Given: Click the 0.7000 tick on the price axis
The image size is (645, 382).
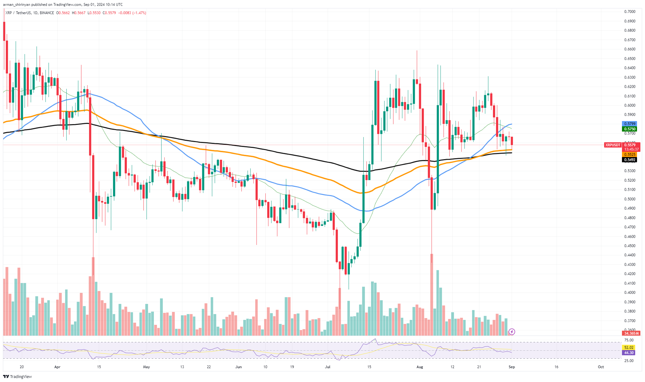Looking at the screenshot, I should (x=630, y=12).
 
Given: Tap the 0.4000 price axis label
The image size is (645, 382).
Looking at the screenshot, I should (x=630, y=293).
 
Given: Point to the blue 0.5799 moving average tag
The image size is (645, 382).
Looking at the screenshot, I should (x=629, y=124).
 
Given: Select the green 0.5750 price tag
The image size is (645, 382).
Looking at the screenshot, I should (x=629, y=129).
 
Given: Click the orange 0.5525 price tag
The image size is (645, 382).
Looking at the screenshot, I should (x=629, y=154).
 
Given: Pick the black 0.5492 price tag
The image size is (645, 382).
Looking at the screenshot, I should (x=629, y=160).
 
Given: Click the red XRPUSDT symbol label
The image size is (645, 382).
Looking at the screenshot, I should (x=612, y=145).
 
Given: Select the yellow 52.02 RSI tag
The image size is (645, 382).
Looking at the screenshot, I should (x=629, y=348).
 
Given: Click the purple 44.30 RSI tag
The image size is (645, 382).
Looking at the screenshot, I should (x=629, y=353).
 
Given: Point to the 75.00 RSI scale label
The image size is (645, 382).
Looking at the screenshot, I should (x=629, y=340).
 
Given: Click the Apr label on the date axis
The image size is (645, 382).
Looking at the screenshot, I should (x=57, y=367).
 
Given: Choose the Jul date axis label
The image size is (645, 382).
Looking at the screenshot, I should (x=328, y=367).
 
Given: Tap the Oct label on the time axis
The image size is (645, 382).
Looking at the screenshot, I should (x=601, y=367).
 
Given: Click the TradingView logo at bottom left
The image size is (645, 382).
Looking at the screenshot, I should (x=18, y=377).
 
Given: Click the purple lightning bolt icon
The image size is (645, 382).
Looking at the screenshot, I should (x=512, y=332).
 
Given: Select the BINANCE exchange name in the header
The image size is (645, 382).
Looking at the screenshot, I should (x=47, y=13).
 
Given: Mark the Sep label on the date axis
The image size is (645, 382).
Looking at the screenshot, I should (x=511, y=367).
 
